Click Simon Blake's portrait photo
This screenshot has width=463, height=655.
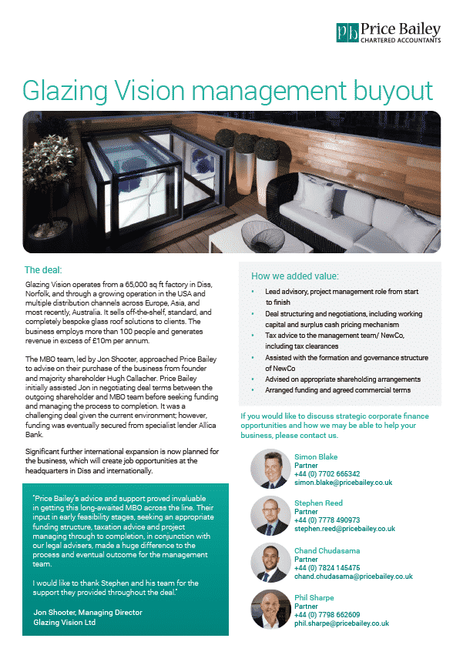270,470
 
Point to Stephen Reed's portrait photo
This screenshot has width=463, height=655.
270,516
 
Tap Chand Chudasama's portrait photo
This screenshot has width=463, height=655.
270,563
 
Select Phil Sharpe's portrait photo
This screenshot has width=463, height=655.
270,610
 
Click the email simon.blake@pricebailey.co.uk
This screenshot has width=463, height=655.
343,482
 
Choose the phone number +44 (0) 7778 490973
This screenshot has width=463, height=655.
327,520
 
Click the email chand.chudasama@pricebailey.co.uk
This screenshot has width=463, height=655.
353,576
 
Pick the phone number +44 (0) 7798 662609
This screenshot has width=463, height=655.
327,614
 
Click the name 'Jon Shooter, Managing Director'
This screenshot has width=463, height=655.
88,613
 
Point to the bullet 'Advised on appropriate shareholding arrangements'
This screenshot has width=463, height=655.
343,379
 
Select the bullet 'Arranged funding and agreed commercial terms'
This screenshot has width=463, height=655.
337,390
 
